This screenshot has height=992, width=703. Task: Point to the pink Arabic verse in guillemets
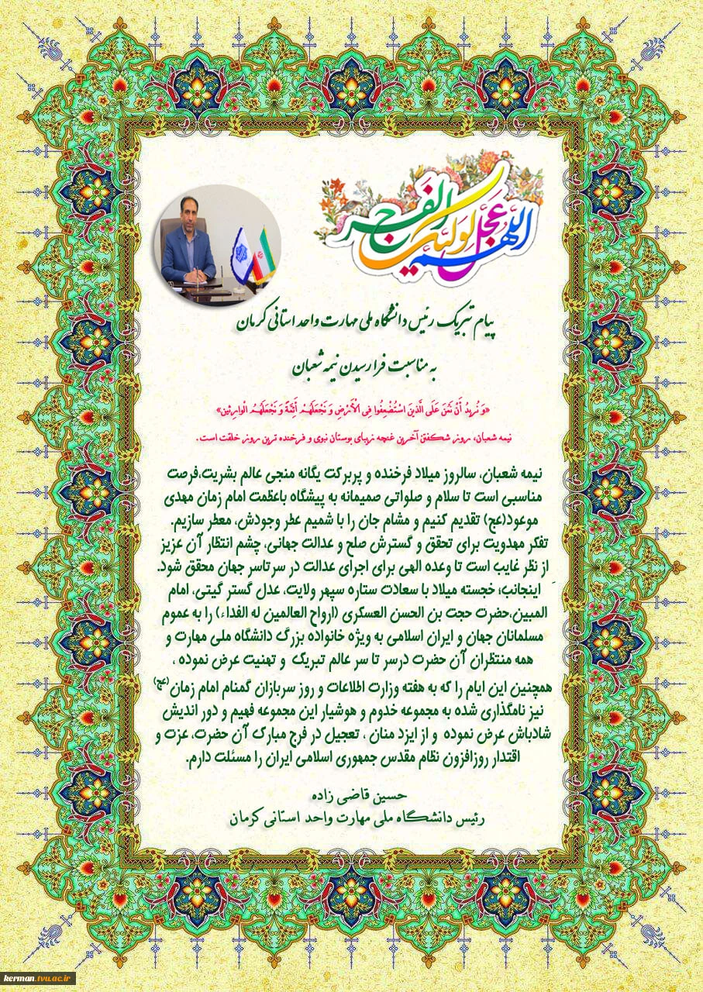tap(352, 406)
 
